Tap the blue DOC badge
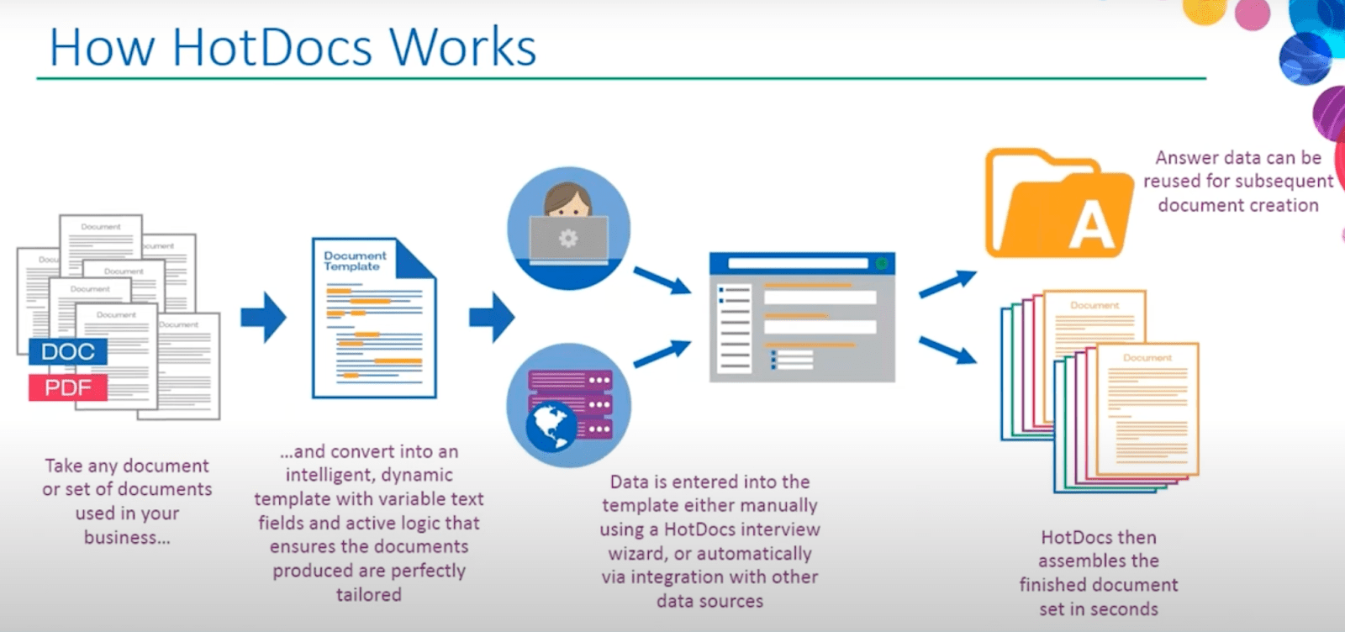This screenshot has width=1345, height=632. tap(68, 351)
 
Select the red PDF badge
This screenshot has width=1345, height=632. tap(68, 387)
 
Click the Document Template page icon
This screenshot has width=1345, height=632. tap(373, 319)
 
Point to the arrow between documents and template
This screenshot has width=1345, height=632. tap(263, 317)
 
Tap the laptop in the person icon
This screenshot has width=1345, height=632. tap(568, 239)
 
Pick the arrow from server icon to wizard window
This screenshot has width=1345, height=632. tap(662, 354)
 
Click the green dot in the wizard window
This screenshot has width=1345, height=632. tap(881, 264)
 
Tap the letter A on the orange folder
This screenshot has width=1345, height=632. tap(1091, 227)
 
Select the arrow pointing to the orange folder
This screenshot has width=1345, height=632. tap(947, 284)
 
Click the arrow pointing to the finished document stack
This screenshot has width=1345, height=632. tap(947, 350)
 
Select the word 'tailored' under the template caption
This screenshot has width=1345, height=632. tap(368, 595)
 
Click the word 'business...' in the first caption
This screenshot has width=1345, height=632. tap(127, 538)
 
